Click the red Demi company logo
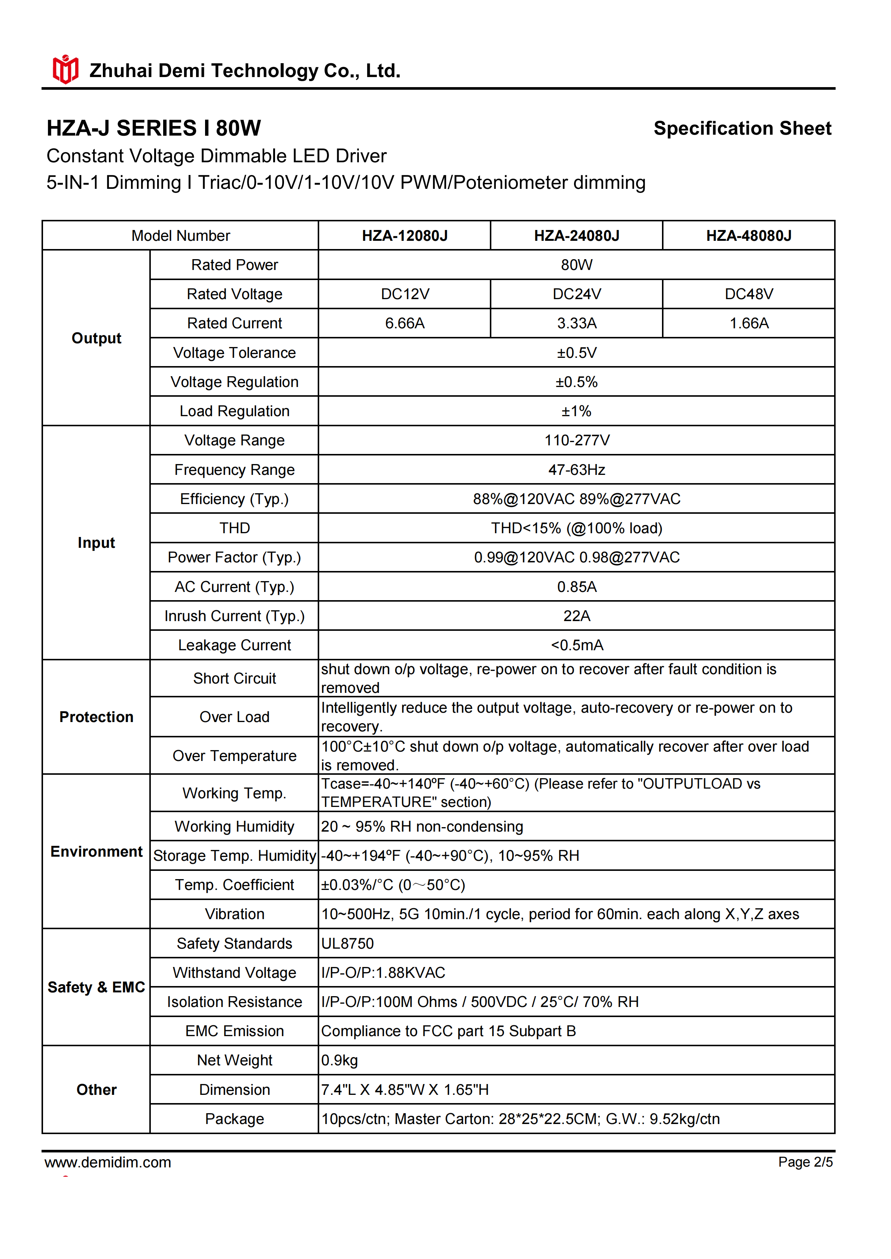coord(65,70)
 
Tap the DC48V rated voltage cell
coord(748,294)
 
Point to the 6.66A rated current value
coord(405,323)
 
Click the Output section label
coord(96,338)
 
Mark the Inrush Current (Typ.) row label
coord(234,616)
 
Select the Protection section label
coord(96,717)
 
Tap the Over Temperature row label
coord(234,756)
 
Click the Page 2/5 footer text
coord(805,1162)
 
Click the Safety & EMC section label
coord(96,987)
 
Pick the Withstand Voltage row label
coord(234,972)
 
